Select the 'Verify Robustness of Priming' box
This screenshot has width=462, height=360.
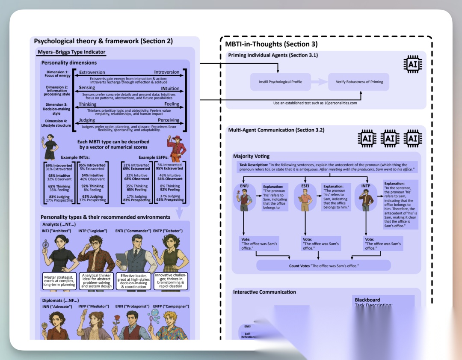(358, 82)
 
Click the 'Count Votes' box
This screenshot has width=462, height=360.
(323, 266)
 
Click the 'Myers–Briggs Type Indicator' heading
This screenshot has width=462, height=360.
(71, 52)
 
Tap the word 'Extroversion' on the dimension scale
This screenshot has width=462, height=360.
(92, 72)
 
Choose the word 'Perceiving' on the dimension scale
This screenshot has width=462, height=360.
(165, 120)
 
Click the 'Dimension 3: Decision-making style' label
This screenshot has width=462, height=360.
(56, 109)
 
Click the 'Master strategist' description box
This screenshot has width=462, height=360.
(59, 281)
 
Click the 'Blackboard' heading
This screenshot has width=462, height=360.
(367, 300)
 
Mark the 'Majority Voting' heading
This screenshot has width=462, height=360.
(251, 156)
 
